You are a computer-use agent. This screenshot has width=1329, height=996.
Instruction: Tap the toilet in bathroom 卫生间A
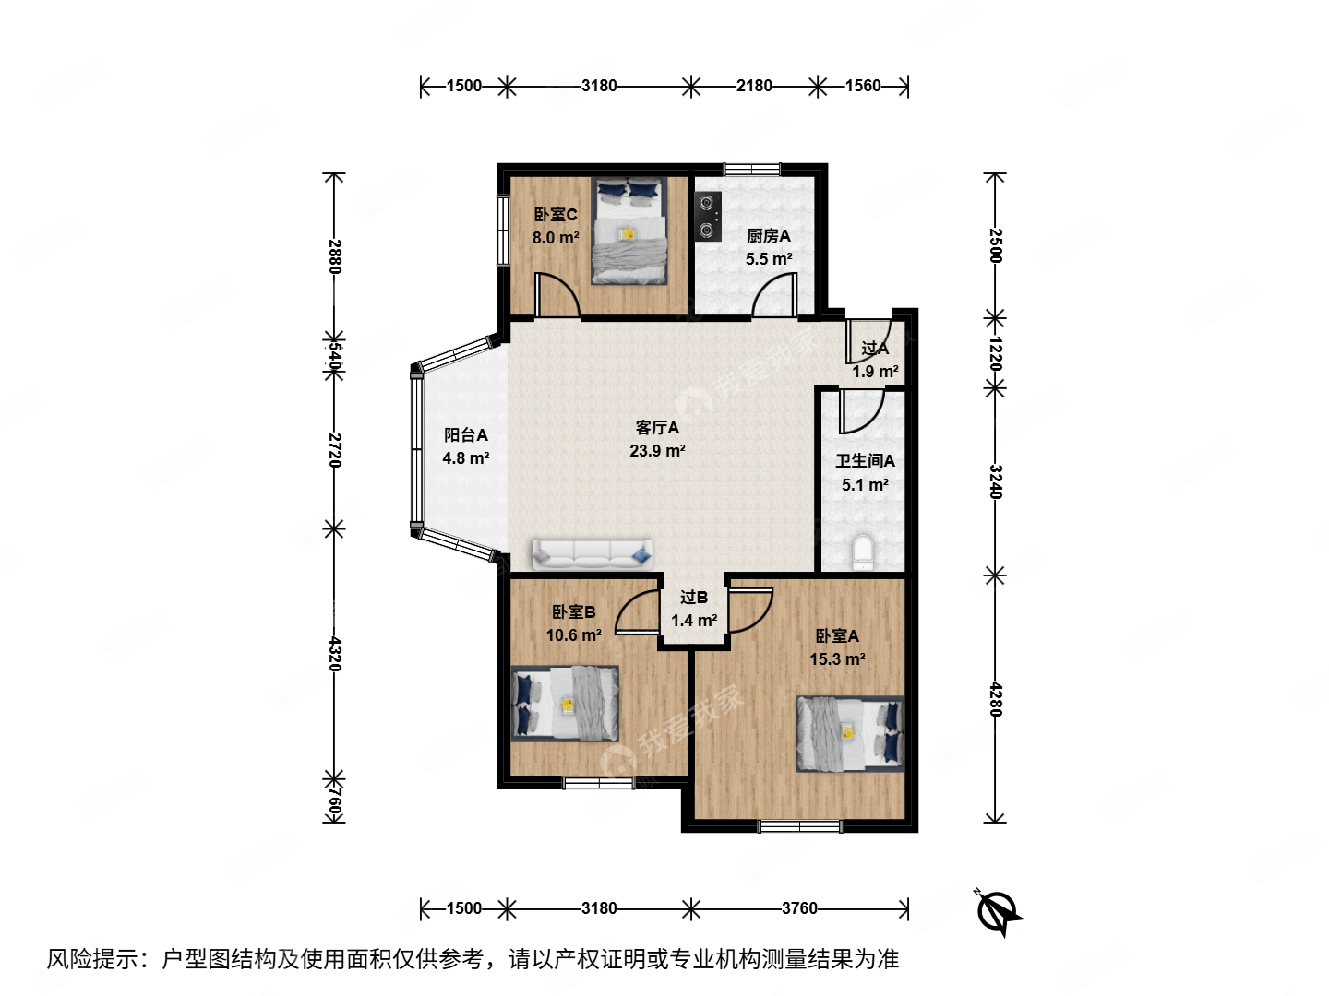tap(862, 552)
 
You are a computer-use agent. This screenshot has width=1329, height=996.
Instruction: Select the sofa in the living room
tap(592, 553)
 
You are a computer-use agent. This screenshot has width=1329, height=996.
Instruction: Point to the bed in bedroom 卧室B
tap(565, 703)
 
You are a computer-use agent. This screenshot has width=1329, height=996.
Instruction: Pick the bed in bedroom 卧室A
tap(850, 733)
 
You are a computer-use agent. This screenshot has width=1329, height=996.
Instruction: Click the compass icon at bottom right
tap(999, 912)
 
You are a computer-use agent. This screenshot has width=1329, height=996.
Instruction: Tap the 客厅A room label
tap(657, 428)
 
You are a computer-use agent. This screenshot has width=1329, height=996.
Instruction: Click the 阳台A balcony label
tap(466, 435)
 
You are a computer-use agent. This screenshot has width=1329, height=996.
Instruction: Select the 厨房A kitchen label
tap(769, 236)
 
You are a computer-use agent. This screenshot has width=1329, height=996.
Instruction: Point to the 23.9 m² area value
tap(657, 451)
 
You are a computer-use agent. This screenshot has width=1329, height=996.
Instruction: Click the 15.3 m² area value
tap(837, 659)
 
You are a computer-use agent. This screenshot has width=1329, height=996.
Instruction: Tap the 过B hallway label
tap(694, 598)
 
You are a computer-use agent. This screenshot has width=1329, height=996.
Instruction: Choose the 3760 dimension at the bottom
tap(799, 908)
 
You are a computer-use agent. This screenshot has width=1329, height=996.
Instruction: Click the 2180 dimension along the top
tap(754, 86)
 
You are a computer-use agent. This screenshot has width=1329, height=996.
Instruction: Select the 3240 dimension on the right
tap(995, 481)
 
